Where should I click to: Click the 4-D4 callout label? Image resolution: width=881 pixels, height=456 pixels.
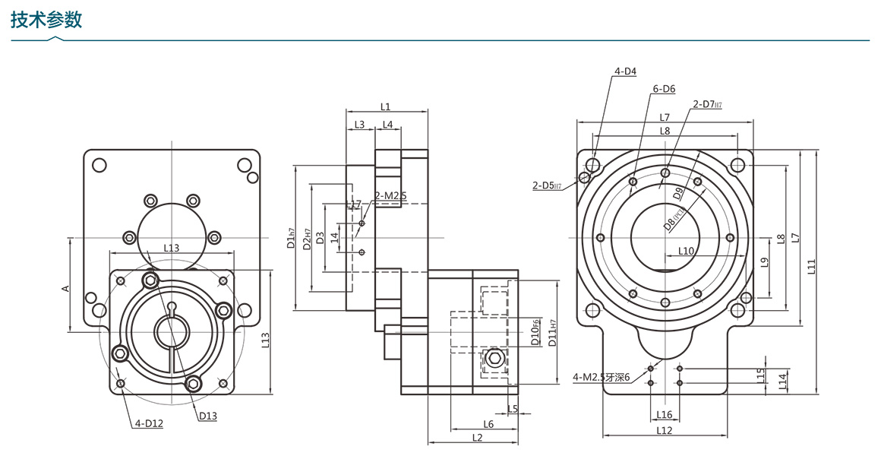[625, 71]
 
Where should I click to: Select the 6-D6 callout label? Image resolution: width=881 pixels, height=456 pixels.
[664, 89]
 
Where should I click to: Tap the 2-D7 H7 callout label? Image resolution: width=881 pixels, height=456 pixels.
[706, 104]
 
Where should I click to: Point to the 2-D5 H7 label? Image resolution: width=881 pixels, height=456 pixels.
[546, 185]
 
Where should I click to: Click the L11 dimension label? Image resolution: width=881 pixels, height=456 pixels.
[812, 267]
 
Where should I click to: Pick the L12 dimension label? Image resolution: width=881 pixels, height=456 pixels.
[665, 431]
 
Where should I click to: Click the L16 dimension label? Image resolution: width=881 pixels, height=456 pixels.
[665, 415]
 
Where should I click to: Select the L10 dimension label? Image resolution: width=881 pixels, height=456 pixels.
[686, 251]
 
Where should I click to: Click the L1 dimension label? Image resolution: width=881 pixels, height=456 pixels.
[385, 107]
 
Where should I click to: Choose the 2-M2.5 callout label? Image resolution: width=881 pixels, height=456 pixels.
[390, 195]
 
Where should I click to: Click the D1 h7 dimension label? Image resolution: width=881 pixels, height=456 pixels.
[291, 239]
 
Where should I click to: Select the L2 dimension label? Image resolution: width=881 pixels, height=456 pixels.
[477, 437]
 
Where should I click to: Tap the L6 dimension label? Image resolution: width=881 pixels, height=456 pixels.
[488, 423]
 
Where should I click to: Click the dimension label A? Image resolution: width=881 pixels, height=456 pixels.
[66, 288]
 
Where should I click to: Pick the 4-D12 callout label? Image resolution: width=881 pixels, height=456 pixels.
[149, 423]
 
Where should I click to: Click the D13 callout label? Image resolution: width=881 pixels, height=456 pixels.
[208, 416]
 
